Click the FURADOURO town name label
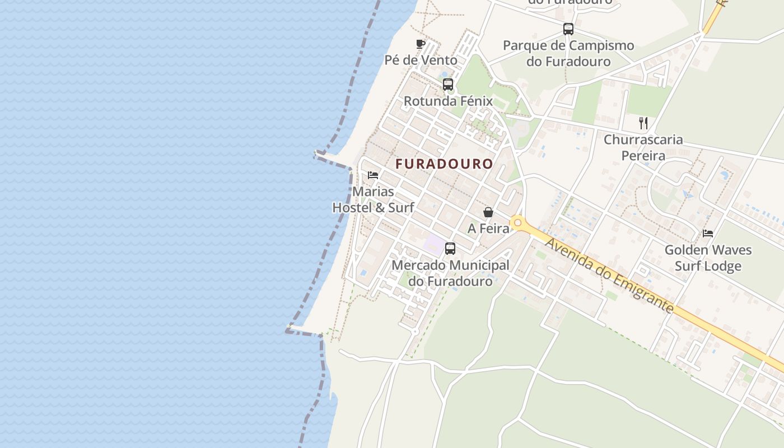(444, 164)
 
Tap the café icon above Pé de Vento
(421, 44)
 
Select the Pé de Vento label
(421, 60)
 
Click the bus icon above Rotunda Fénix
(448, 85)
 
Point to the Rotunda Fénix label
(448, 101)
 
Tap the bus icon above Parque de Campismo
(568, 29)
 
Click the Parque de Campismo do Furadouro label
(568, 53)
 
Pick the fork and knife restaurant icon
(643, 123)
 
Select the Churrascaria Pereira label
(643, 147)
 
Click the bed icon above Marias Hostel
(373, 175)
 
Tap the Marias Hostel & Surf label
(373, 200)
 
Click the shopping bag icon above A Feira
(488, 212)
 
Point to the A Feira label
(488, 228)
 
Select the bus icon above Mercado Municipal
(450, 249)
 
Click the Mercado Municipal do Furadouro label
(450, 273)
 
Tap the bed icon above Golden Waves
(708, 234)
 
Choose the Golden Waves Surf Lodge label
(708, 258)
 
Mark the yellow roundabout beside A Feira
(517, 223)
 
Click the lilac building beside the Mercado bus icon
(433, 244)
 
